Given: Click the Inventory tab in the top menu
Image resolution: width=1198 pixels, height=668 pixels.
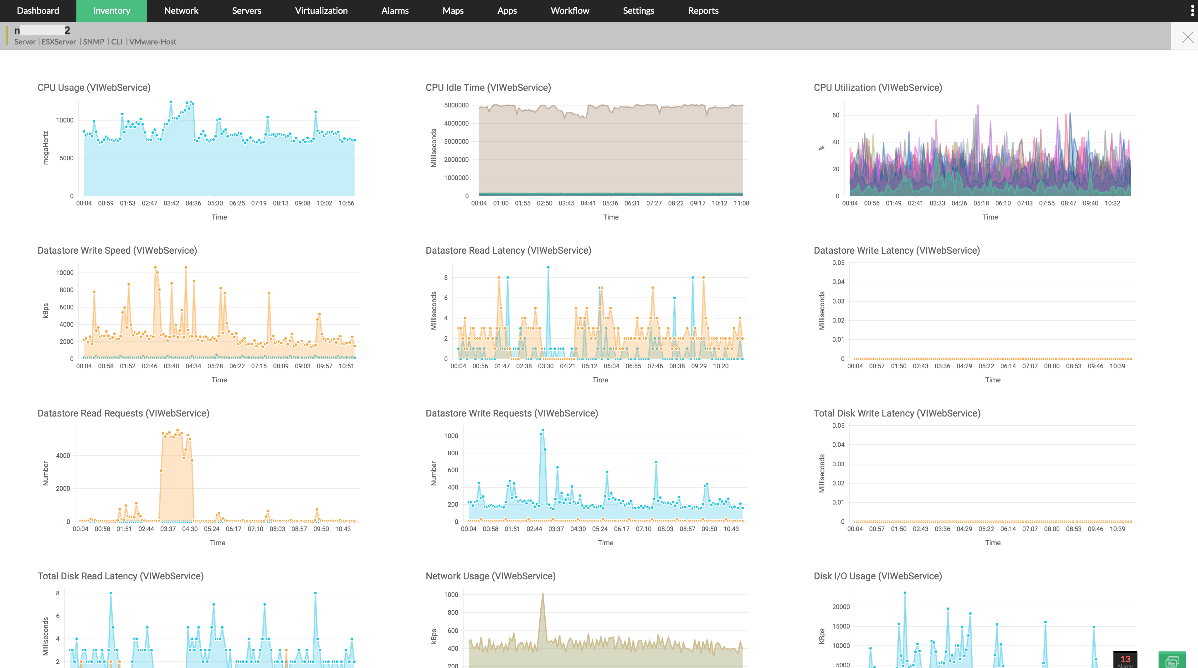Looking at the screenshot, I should pyautogui.click(x=112, y=11).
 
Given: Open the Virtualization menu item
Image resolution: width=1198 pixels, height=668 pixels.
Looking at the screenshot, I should pyautogui.click(x=321, y=11).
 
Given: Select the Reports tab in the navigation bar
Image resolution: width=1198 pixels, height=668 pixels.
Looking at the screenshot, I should pyautogui.click(x=703, y=11).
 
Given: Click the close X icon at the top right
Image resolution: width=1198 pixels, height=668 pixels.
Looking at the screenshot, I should pyautogui.click(x=1187, y=37).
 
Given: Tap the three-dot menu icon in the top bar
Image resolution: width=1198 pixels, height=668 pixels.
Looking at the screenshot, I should pyautogui.click(x=1192, y=11).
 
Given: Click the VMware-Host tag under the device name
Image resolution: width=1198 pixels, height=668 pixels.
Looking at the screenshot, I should pyautogui.click(x=152, y=42).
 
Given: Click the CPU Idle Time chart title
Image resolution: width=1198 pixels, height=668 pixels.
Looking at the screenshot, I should pyautogui.click(x=488, y=87).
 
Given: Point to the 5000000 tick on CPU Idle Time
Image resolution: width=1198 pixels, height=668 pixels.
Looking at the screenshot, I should pyautogui.click(x=456, y=105).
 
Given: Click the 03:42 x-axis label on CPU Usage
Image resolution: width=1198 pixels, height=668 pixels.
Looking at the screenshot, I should pyautogui.click(x=171, y=203).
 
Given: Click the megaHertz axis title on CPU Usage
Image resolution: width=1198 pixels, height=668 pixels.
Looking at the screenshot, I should pyautogui.click(x=46, y=148).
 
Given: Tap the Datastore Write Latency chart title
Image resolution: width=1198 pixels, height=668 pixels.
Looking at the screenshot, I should pyautogui.click(x=896, y=250).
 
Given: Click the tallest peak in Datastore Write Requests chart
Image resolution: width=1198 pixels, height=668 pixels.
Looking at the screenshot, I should pyautogui.click(x=543, y=431).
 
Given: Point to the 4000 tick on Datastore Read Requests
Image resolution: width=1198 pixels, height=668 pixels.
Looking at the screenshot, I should pyautogui.click(x=63, y=456).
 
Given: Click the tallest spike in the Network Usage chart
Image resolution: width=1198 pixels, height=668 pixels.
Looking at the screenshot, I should pyautogui.click(x=542, y=594).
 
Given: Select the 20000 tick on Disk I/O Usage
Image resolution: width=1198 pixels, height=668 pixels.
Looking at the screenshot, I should pyautogui.click(x=841, y=607).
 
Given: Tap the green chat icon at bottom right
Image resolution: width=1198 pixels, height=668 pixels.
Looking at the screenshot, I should pyautogui.click(x=1171, y=660).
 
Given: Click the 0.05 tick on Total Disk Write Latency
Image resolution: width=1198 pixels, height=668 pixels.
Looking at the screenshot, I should pyautogui.click(x=838, y=426).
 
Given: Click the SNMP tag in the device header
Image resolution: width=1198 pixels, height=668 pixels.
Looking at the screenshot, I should pyautogui.click(x=94, y=42).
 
